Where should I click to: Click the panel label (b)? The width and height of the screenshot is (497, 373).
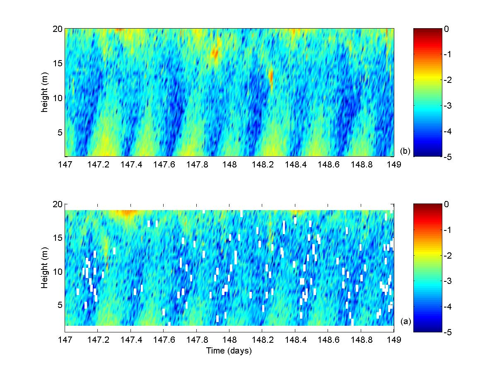coord(405,151)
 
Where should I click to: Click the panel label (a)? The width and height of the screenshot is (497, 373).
coord(406,321)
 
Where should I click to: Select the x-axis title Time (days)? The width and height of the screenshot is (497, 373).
coord(229,351)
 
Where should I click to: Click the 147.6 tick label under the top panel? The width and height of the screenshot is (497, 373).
coord(164,165)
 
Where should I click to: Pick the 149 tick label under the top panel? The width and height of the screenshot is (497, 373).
coord(393,165)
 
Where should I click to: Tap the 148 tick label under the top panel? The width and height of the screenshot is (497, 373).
coord(229,165)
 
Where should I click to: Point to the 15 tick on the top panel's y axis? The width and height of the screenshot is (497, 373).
coord(58,63)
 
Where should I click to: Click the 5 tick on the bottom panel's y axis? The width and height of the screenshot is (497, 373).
coord(60,305)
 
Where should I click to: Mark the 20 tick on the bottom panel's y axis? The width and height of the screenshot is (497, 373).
coord(58,204)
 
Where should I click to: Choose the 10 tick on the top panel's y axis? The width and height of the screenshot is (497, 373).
coord(58,98)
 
